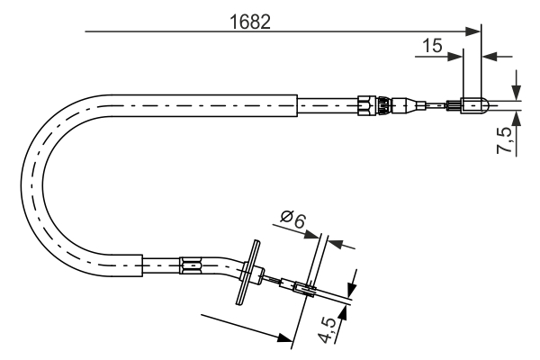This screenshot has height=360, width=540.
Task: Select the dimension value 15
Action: coord(432,46)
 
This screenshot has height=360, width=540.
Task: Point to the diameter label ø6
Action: coord(292,218)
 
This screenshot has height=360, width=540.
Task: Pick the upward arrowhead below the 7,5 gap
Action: coord(517,116)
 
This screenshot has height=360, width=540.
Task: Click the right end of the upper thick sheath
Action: coord(296,104)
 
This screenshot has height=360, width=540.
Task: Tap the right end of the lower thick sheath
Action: coord(143,265)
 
